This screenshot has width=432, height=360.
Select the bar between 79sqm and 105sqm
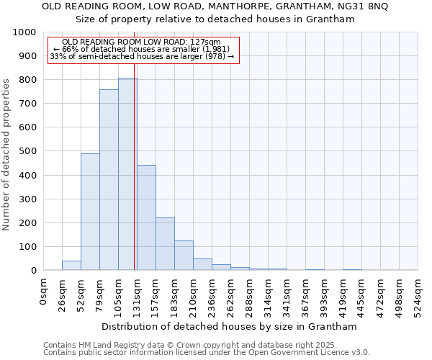pos(109,180)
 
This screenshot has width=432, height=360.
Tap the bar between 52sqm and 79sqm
pos(90,212)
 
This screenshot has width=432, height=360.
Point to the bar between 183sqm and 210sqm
pos(184,255)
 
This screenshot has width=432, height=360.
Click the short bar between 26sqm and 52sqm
pos(71,265)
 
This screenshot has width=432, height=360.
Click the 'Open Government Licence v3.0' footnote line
pos(206,353)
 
